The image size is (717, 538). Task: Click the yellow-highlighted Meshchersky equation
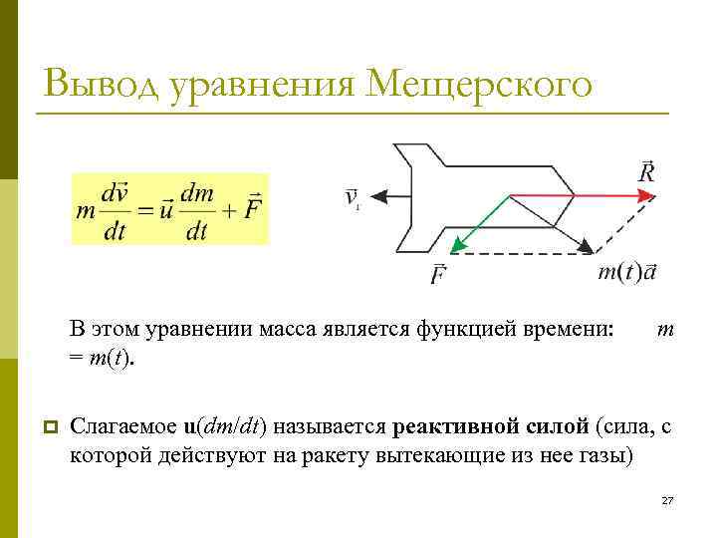[x=169, y=209]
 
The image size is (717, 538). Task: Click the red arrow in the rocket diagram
[x=578, y=196]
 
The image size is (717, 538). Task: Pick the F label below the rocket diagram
[x=439, y=273]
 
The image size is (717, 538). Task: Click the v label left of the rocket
[x=353, y=197]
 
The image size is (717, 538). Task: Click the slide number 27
[x=668, y=500]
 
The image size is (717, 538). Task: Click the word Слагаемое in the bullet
[x=123, y=427]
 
